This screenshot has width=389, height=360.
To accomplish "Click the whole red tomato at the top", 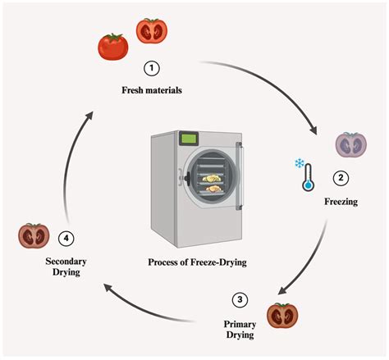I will (x=112, y=46).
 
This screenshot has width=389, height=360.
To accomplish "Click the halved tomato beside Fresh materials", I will (x=151, y=30).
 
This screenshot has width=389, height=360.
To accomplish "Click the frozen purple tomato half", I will (x=350, y=144).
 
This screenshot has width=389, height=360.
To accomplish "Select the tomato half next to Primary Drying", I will (x=282, y=315).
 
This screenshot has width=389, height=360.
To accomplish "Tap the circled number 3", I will (x=239, y=298).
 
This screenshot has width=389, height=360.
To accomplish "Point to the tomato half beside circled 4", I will (x=34, y=236).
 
